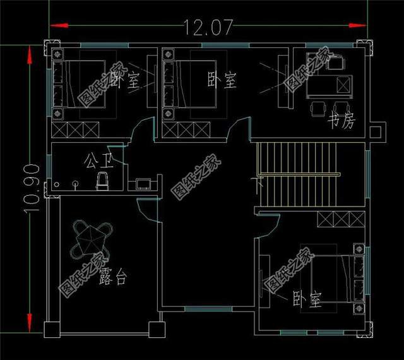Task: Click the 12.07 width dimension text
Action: pyautogui.click(x=208, y=27)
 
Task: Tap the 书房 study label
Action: pyautogui.click(x=342, y=121)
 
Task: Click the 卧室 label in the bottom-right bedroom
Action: pyautogui.click(x=307, y=300)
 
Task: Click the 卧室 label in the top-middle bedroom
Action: pyautogui.click(x=222, y=80)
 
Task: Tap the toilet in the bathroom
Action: pyautogui.click(x=102, y=181)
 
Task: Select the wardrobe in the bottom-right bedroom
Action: pyautogui.click(x=341, y=220)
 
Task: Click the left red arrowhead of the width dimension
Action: pyautogui.click(x=57, y=25)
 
